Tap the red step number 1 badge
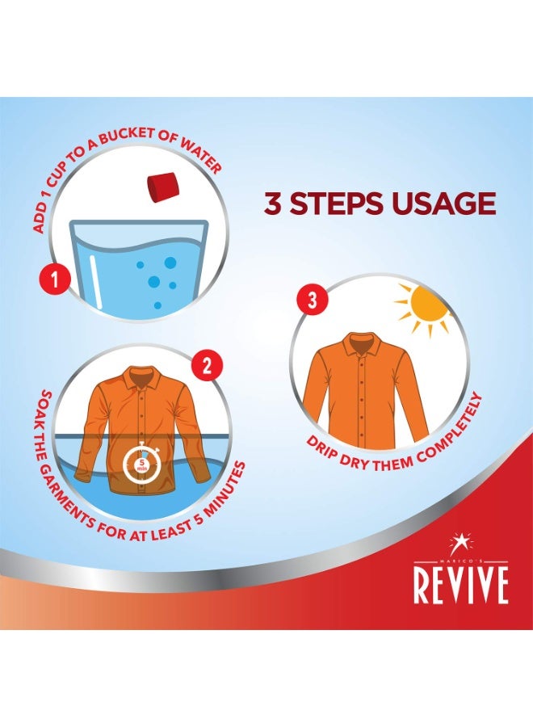point(55,280)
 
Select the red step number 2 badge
point(208,366)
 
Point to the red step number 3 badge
point(312,300)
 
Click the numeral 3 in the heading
point(274,204)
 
